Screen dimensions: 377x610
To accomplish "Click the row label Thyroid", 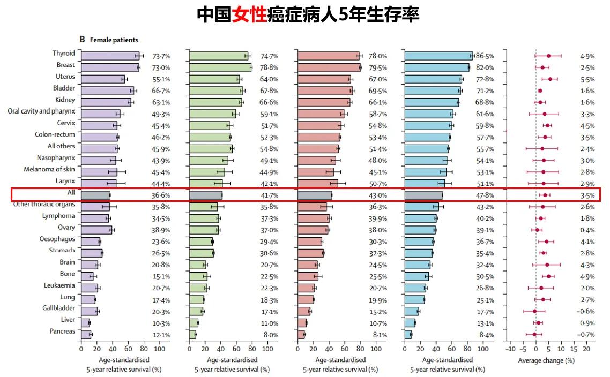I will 64,54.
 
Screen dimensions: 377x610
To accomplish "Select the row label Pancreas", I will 63,331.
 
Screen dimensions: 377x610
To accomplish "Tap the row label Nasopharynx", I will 56,158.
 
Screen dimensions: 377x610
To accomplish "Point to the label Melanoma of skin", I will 49,169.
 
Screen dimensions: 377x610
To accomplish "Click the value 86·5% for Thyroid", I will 485,56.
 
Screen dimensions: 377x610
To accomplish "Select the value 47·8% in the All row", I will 485,195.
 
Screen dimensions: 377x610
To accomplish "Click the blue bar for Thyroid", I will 438,56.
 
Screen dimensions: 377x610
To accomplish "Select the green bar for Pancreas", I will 192,334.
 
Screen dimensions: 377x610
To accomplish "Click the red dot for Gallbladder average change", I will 534,311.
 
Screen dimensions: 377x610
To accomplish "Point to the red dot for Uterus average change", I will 550,79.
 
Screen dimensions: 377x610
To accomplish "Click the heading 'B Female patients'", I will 109,40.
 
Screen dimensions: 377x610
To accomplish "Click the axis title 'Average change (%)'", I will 546,360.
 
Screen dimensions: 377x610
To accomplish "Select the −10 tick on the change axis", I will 510,349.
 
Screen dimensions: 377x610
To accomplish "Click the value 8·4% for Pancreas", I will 486,335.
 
